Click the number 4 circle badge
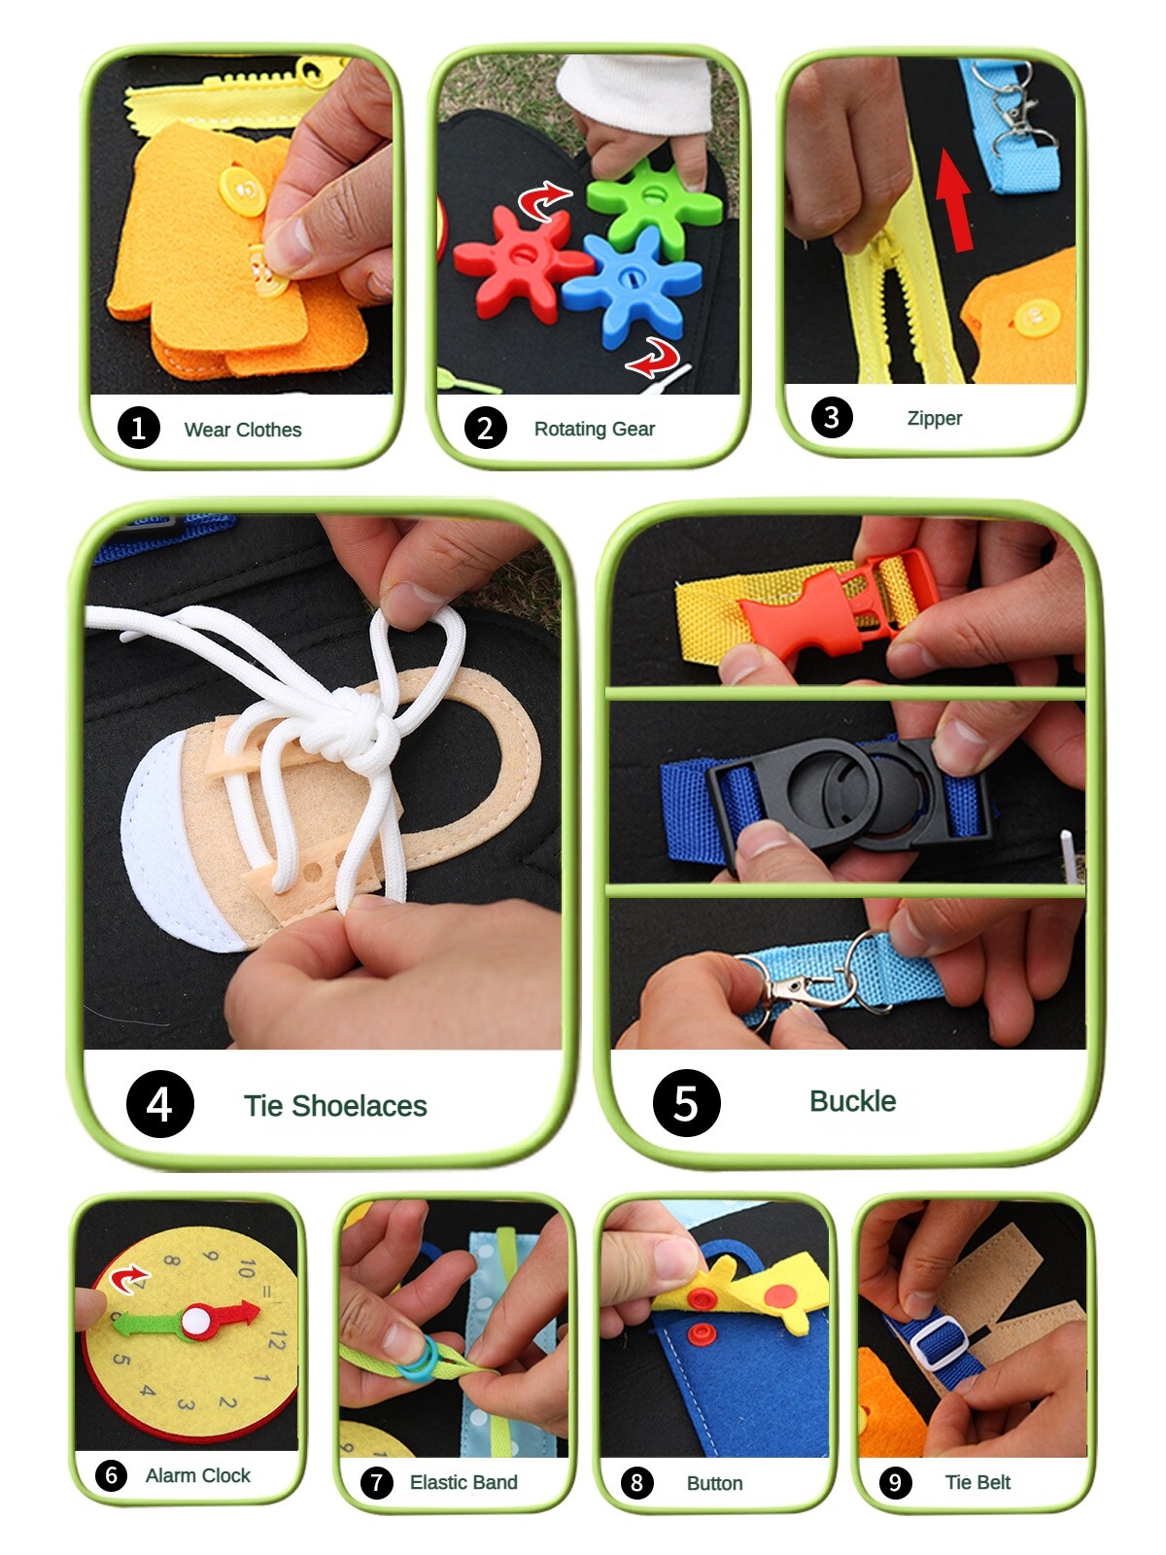tap(159, 1104)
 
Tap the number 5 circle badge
tap(686, 1103)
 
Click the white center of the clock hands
tap(195, 1320)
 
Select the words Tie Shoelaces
tap(335, 1106)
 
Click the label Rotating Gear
tap(595, 429)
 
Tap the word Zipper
tap(934, 418)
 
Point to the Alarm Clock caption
tap(197, 1475)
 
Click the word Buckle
tap(852, 1101)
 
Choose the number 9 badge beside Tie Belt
tap(895, 1482)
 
